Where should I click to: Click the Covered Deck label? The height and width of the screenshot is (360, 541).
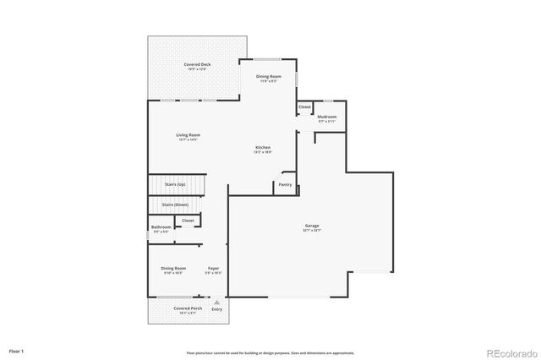[x=199, y=64]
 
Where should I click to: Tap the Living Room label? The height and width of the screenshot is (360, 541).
[x=188, y=134]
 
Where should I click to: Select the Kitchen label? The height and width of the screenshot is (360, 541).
[x=263, y=148]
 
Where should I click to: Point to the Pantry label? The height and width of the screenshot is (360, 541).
[x=285, y=184]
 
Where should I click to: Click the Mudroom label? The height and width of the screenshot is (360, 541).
[x=327, y=117]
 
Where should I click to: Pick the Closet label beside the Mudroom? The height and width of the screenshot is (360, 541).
[x=304, y=107]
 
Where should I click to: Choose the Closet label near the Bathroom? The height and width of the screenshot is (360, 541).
[x=188, y=221]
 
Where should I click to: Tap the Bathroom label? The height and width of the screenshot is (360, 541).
[x=161, y=226]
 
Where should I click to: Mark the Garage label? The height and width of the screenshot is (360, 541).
[x=312, y=226]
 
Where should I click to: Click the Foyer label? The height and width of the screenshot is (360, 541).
[x=213, y=269]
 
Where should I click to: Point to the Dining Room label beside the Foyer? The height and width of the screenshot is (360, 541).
[x=173, y=269]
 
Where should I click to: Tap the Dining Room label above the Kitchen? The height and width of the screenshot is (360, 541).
[x=269, y=77]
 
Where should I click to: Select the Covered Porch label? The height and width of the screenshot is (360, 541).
[x=187, y=309]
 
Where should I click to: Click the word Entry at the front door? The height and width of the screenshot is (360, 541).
[x=217, y=309]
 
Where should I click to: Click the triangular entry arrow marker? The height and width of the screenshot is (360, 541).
[x=217, y=301]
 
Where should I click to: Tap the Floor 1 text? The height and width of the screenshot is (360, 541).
[x=17, y=350]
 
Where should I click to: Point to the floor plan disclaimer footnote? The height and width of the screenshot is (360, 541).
[x=270, y=352]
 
